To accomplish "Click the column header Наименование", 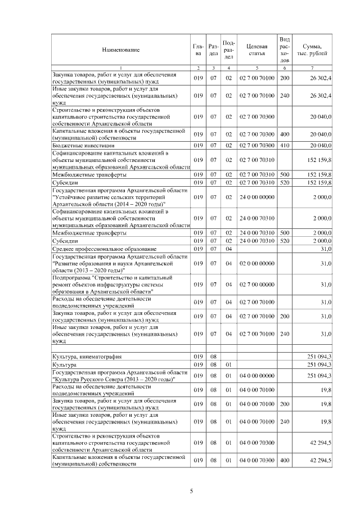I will (x=120, y=50).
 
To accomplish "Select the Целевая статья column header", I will (x=256, y=49).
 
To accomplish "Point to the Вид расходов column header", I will (x=285, y=49).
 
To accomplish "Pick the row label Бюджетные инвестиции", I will (x=79, y=146).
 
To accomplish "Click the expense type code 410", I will (x=285, y=146).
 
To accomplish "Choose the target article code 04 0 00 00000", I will (x=256, y=375).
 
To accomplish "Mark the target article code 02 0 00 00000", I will (x=256, y=263).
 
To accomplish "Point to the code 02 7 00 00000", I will (x=256, y=285).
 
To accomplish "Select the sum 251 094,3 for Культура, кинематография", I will (x=319, y=357).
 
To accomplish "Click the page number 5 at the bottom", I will (x=192, y=492).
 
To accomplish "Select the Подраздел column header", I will (x=229, y=49).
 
